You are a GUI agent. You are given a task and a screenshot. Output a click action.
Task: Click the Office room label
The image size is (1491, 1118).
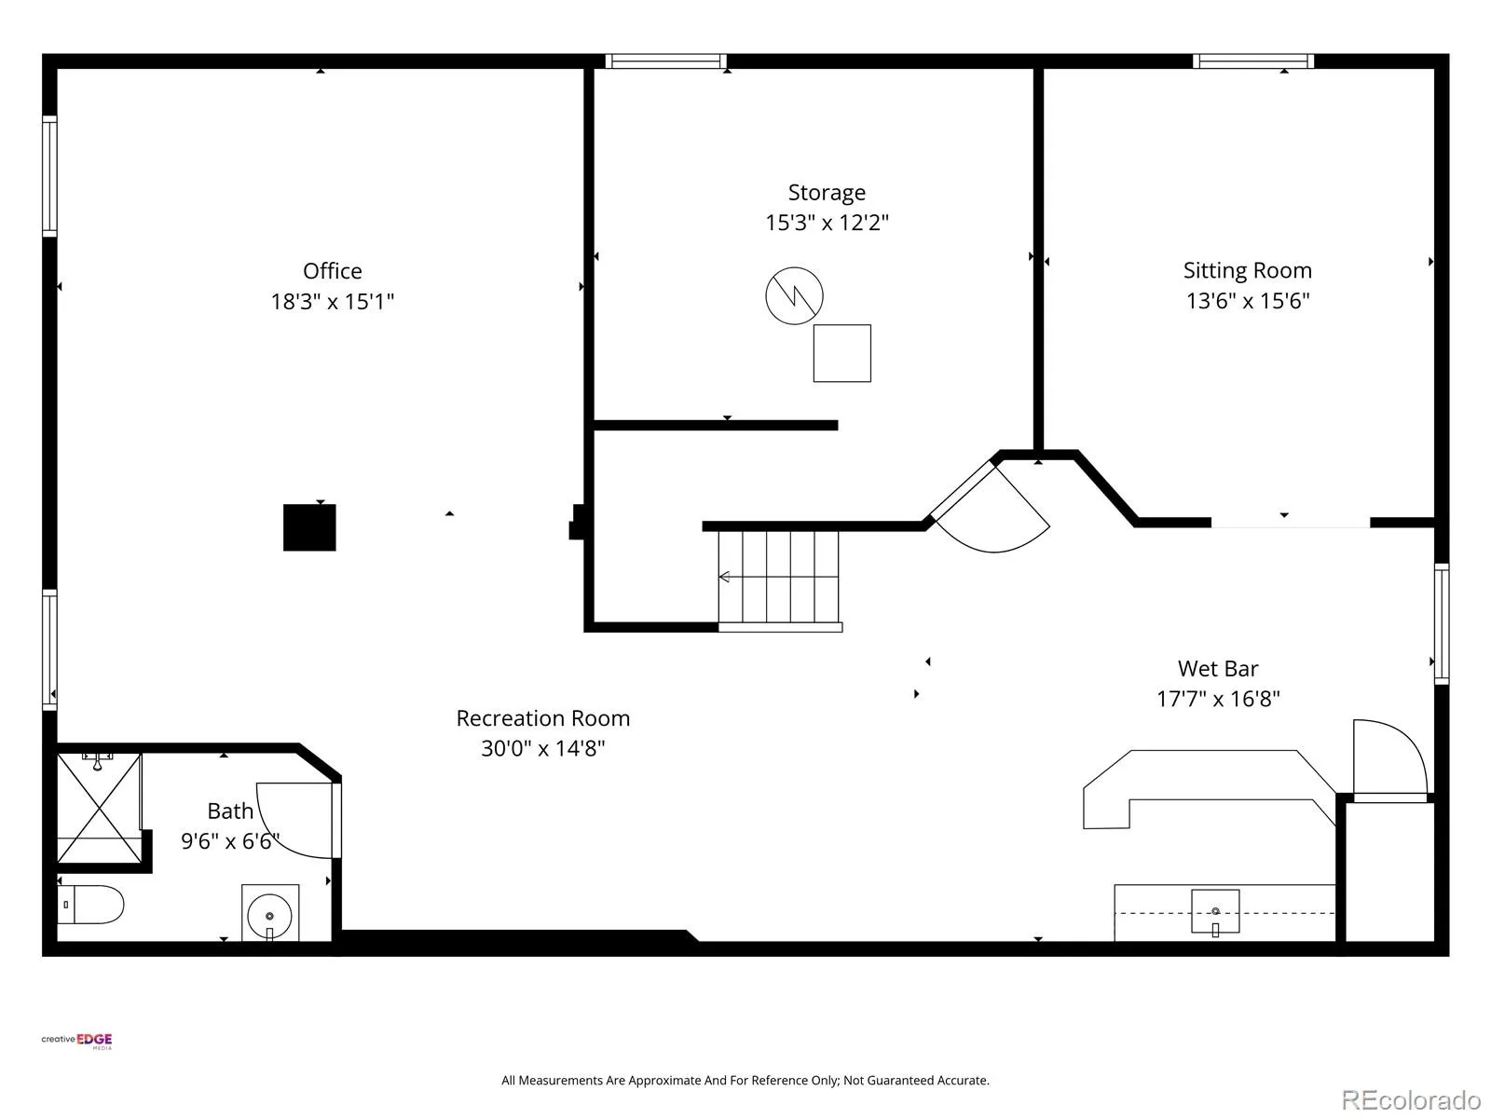[332, 271]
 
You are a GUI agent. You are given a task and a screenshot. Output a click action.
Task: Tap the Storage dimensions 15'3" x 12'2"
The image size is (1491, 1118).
[827, 223]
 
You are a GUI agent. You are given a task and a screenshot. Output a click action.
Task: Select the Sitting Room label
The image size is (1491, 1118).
[1247, 271]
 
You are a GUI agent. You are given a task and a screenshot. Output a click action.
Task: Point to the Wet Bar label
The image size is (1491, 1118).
[1218, 669]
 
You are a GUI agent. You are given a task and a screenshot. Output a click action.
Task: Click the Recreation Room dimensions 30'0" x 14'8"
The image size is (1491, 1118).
[542, 748]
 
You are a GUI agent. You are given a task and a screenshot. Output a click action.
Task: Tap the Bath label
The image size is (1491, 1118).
[230, 811]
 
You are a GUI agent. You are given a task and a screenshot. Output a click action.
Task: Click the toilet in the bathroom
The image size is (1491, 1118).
[90, 904]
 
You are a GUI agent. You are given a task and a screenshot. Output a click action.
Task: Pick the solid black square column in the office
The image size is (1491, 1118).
[309, 527]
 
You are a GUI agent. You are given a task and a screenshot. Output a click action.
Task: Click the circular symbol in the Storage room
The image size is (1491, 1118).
[794, 295]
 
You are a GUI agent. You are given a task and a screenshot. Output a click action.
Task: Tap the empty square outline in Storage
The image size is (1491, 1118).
[842, 353]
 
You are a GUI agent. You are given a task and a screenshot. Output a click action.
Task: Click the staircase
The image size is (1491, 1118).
[779, 579]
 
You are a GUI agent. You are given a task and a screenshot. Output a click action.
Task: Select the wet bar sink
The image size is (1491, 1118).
[1215, 912]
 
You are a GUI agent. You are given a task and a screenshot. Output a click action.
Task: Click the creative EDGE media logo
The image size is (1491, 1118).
[76, 1042]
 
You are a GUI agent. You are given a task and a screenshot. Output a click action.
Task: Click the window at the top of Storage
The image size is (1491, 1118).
[665, 61]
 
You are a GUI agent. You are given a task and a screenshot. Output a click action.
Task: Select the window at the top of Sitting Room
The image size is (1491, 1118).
[1253, 61]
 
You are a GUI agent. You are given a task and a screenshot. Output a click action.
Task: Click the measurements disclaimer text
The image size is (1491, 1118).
[745, 1080]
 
